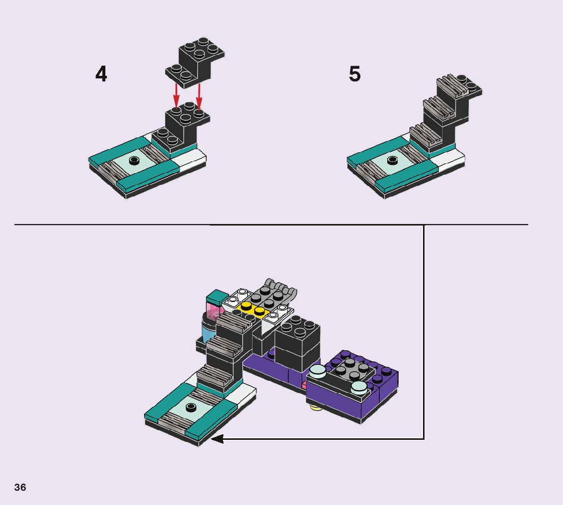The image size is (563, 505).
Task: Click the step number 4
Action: [101, 74]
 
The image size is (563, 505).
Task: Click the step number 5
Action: [355, 74]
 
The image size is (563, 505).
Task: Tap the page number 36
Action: [20, 487]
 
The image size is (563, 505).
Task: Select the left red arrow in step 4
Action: [176, 95]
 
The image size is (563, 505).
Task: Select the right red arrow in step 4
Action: [199, 96]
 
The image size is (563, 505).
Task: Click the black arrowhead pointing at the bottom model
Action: [217, 438]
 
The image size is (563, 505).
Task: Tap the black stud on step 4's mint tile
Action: [134, 160]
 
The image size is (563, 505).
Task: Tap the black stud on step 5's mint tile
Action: [392, 159]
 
